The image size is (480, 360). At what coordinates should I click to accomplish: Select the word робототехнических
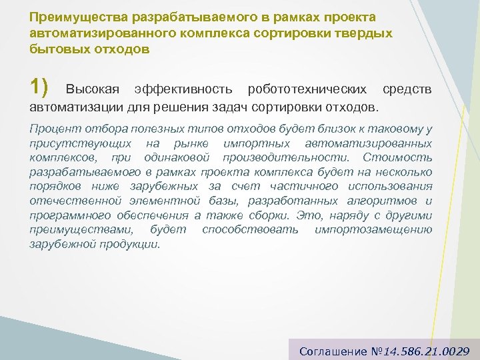click(307, 89)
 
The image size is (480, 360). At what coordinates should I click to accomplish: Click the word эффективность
click(183, 89)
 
